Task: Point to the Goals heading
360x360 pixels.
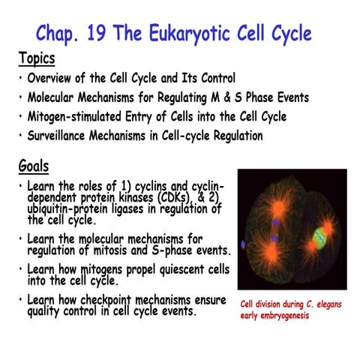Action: (x=34, y=166)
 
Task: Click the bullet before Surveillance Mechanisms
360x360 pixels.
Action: (x=19, y=136)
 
